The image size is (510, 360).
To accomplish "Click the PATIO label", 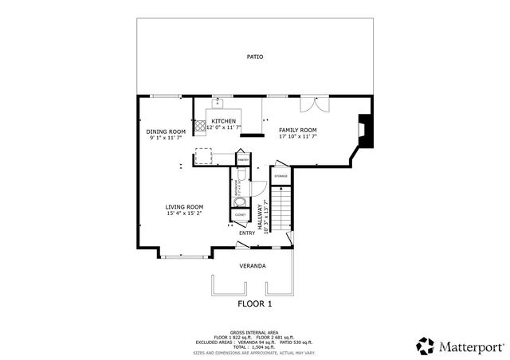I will point(254,57).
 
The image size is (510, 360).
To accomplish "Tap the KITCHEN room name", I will point(223,121).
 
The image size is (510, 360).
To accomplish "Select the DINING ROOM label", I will point(166,131).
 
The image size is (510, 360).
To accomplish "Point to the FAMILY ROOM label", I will point(298,130).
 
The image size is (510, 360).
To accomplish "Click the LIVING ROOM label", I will point(184,207).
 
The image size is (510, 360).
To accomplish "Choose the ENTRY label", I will point(247,233).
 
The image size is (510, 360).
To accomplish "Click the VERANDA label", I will point(253,265).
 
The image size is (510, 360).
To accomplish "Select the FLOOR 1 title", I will point(254,303).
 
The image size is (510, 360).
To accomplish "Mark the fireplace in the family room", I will point(364,131).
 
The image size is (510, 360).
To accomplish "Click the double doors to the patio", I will point(308,105).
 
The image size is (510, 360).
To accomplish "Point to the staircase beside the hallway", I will point(280,206).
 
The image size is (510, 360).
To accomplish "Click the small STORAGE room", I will point(280,175).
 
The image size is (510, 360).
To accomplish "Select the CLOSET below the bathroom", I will point(240,214).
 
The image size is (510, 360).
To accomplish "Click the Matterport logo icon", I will point(425,346).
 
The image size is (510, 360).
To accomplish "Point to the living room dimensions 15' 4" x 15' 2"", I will point(184,213).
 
